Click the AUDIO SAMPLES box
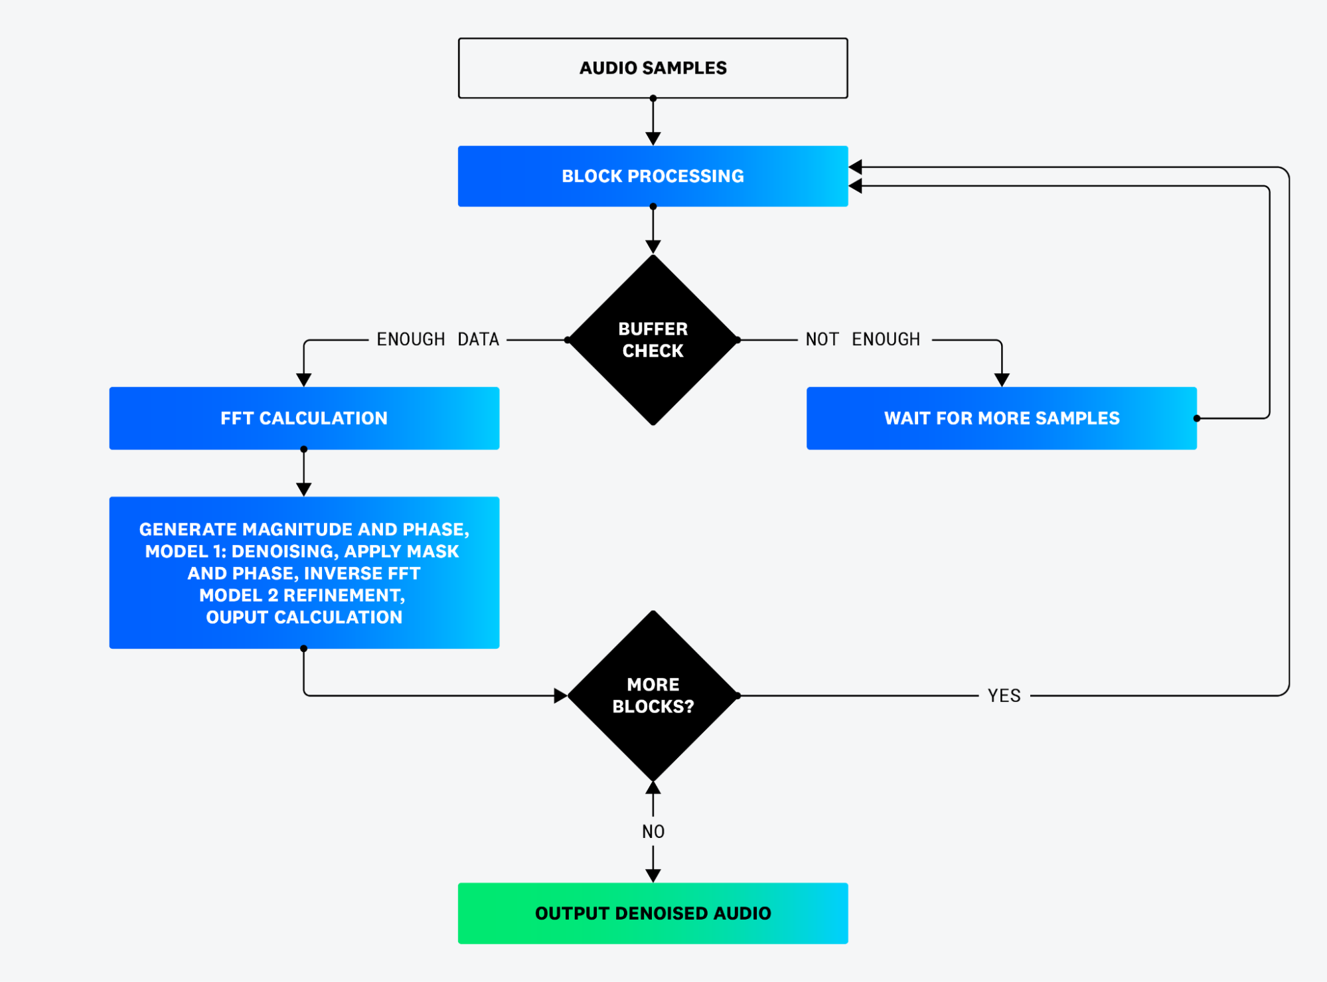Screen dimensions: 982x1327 [653, 68]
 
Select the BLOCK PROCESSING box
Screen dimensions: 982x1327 [653, 176]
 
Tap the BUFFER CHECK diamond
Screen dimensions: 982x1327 [653, 340]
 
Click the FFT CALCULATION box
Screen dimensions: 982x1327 [304, 418]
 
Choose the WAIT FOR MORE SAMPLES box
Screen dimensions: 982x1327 [1001, 418]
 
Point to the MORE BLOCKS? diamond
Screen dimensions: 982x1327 [653, 695]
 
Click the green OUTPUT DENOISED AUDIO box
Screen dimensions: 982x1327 [653, 913]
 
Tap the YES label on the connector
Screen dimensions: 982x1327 [1004, 696]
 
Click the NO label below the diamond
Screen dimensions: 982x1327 [653, 831]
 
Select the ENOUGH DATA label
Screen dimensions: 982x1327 [437, 339]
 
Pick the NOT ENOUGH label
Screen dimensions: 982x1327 [862, 339]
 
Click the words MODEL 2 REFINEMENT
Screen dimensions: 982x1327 [302, 595]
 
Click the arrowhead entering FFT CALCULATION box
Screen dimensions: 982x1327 [304, 380]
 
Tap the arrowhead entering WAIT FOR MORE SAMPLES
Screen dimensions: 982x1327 [1002, 380]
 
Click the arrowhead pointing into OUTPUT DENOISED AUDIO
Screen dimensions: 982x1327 [653, 875]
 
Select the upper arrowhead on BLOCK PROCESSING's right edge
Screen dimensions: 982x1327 [856, 167]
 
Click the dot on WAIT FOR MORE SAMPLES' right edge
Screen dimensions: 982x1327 [1197, 418]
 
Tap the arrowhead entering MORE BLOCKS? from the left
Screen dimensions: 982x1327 [560, 696]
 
